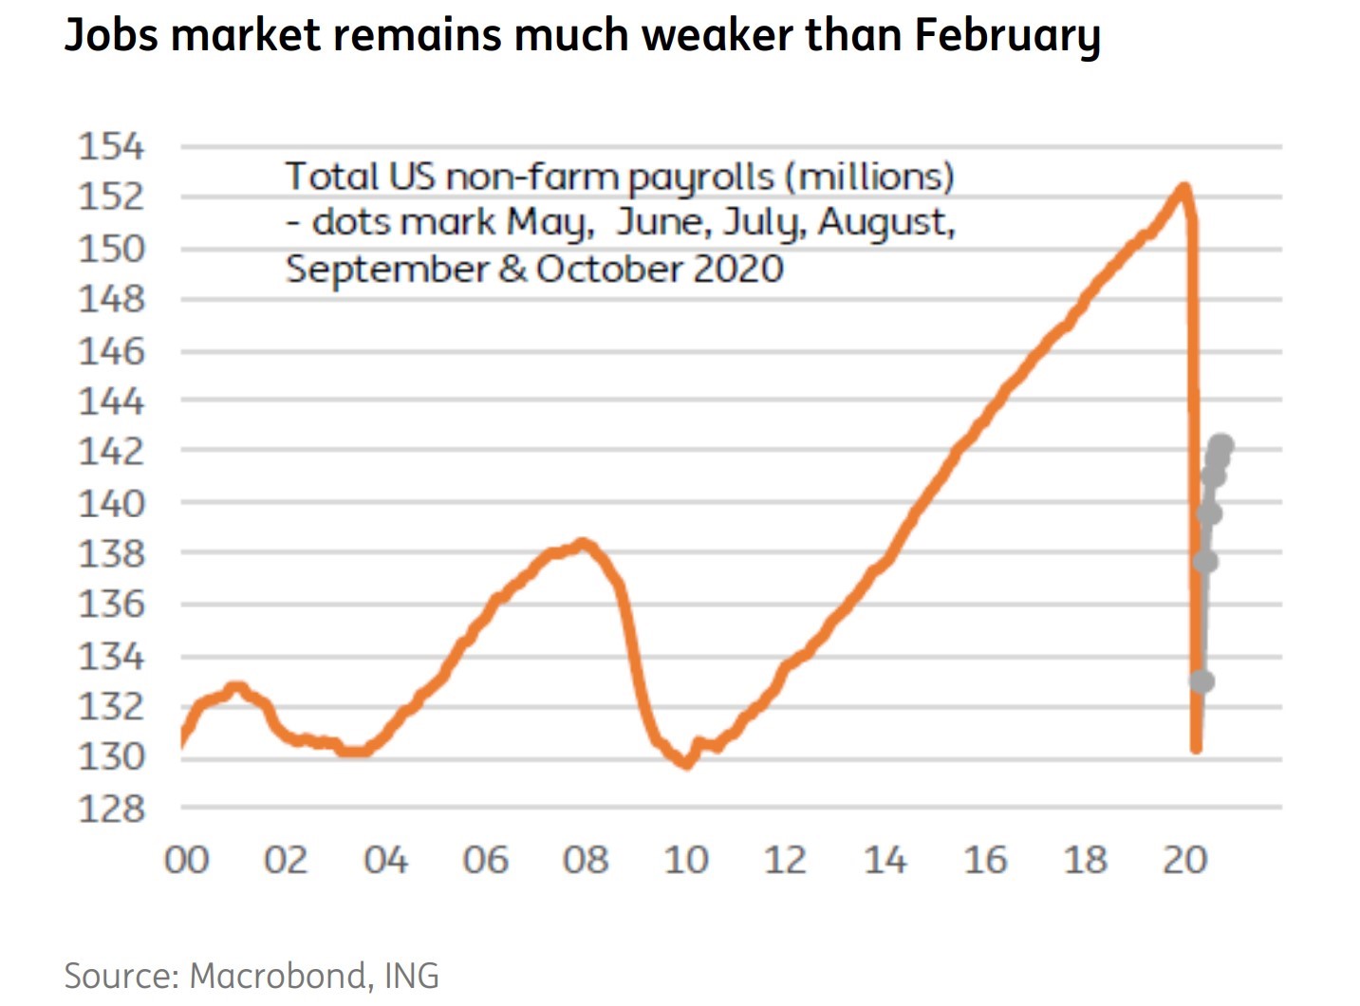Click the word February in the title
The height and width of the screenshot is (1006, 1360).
pos(1007,36)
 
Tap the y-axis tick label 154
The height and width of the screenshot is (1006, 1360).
pos(111,147)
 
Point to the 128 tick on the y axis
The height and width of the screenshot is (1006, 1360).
pos(111,809)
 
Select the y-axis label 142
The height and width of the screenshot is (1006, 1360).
pos(111,451)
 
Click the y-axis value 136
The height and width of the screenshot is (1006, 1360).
pos(111,605)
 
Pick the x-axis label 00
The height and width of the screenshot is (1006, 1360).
pos(186,860)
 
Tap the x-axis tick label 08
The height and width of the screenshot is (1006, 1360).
pos(586,860)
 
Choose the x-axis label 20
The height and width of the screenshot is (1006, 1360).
pos(1184,860)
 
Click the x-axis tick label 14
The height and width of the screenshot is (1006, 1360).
pos(885,860)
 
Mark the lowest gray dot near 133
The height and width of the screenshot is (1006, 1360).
pos(1202,681)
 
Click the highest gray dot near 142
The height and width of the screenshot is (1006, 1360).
pos(1222,444)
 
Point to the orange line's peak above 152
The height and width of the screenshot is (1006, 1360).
pos(1183,188)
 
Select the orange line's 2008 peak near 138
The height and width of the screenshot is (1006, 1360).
pos(583,544)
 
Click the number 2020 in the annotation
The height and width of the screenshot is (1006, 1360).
pos(737,269)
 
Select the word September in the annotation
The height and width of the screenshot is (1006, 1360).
pos(387,270)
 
